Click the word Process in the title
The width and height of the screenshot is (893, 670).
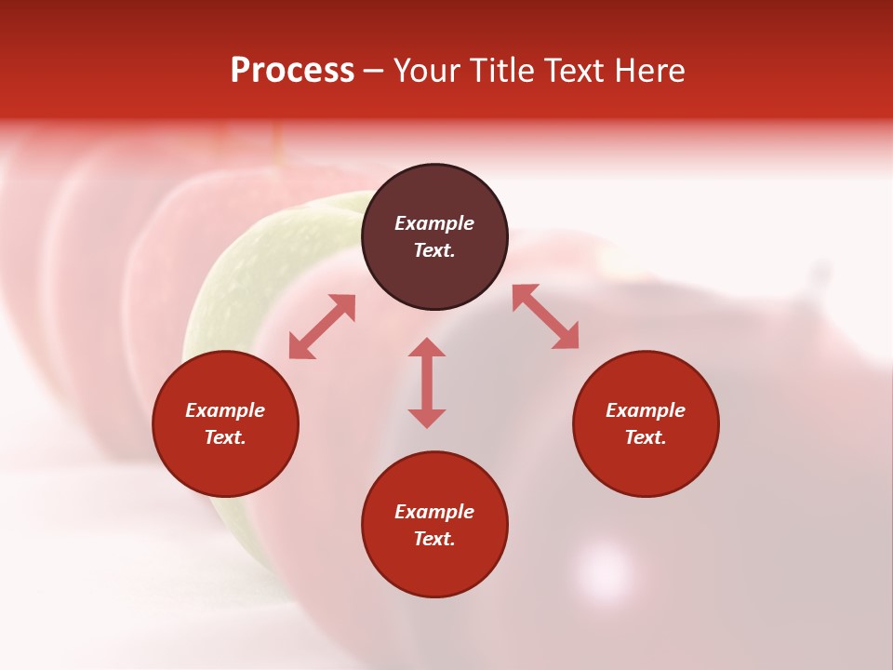click(x=292, y=71)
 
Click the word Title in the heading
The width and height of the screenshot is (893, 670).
click(x=500, y=71)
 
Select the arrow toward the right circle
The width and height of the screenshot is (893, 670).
click(x=546, y=316)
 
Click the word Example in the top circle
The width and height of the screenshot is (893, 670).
click(x=434, y=223)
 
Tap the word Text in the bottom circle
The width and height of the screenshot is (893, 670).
click(x=434, y=539)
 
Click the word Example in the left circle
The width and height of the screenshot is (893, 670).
click(x=225, y=410)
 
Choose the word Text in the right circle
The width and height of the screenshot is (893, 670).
click(x=646, y=437)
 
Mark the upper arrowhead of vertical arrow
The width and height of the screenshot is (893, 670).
click(x=427, y=349)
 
